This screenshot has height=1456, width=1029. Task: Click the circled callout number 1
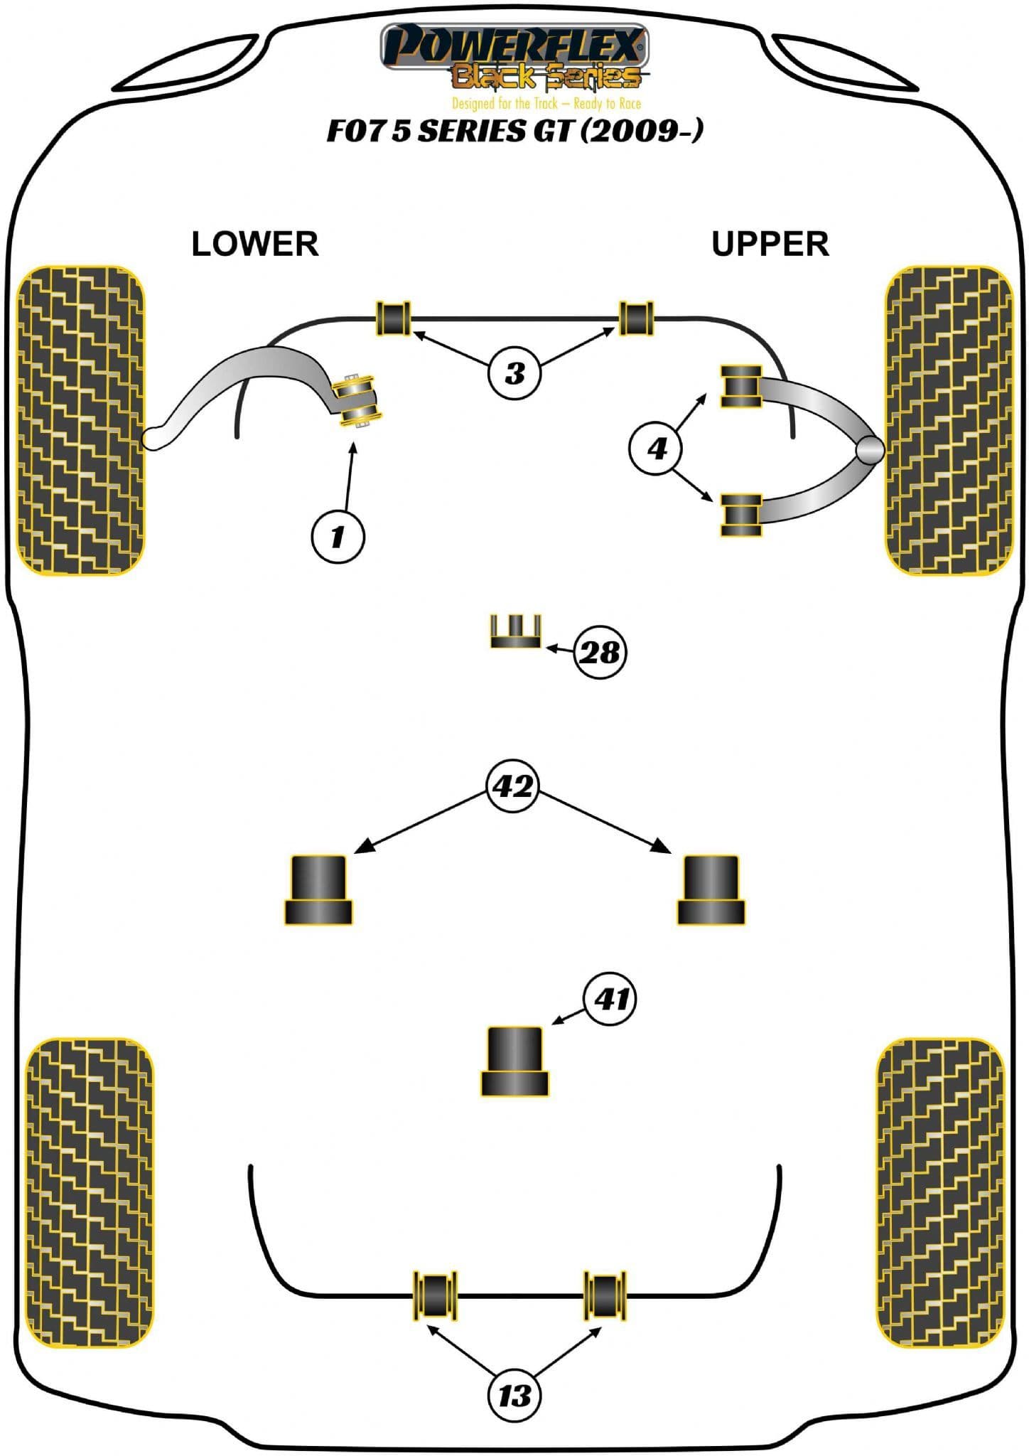338,536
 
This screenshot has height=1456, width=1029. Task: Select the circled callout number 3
514,373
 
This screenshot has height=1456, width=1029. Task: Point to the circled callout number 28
600,652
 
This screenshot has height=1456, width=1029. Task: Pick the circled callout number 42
513,786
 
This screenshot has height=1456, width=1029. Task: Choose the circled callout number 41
611,999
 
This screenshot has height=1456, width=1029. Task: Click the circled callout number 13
514,1396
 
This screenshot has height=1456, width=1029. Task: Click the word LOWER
255,244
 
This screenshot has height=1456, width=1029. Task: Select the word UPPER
770,244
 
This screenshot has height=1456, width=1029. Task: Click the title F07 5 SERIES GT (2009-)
514,131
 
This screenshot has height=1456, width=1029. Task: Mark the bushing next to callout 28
515,631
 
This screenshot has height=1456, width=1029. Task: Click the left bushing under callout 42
318,889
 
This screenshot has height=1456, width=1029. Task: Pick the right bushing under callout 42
711,889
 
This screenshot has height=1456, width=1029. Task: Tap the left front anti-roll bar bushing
393,318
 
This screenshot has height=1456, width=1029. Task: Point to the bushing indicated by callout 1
360,400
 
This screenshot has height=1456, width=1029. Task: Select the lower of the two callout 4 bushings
741,515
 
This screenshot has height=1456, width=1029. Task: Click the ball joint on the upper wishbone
870,449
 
